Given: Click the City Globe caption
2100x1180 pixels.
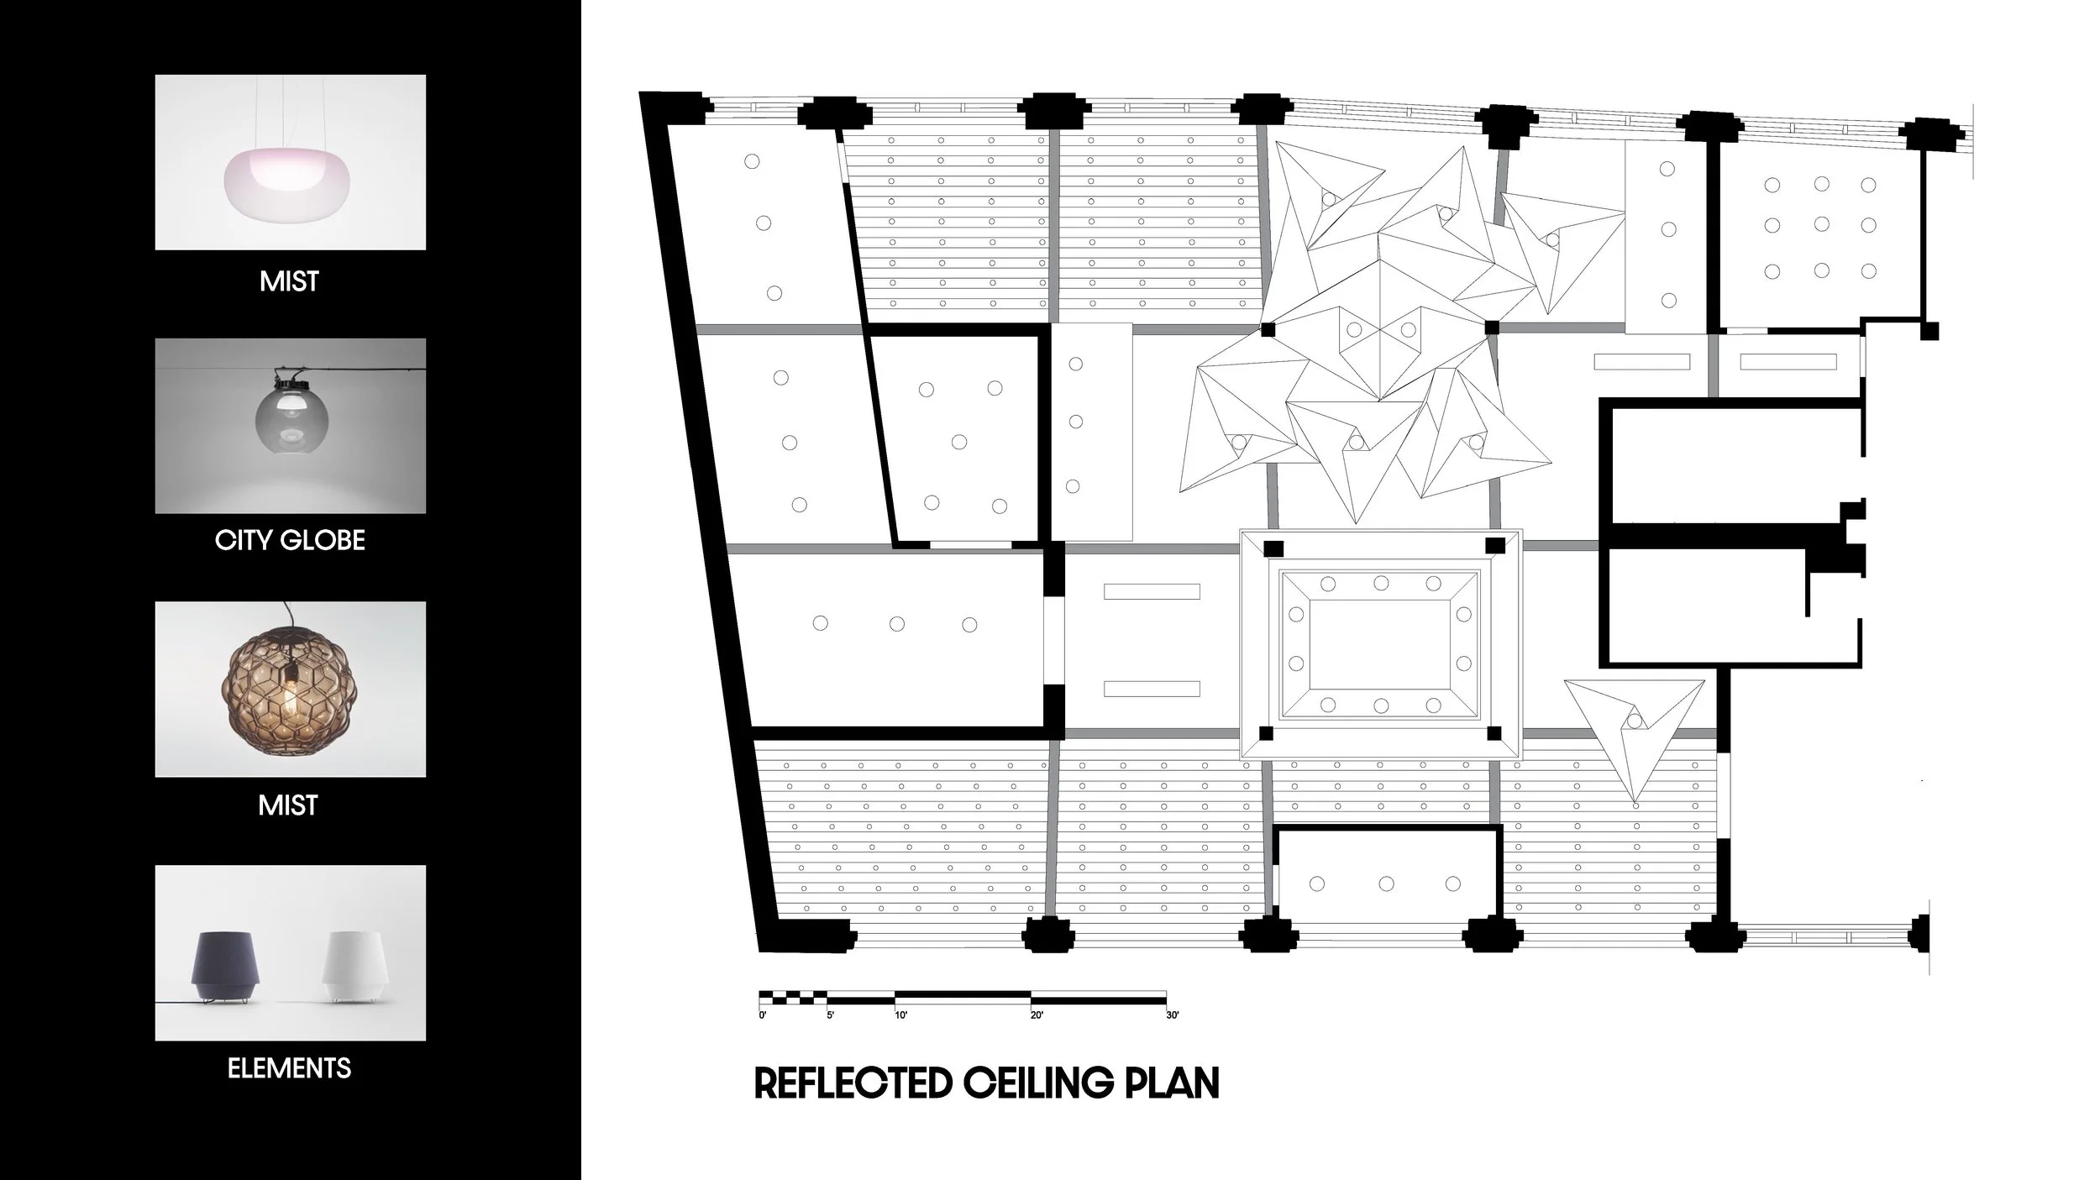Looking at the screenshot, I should (x=290, y=540).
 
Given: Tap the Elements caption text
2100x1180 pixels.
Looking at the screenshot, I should (x=290, y=1068).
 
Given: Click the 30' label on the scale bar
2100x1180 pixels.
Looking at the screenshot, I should (x=1173, y=1015).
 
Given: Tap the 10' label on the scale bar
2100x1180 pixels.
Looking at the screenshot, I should (x=900, y=1015).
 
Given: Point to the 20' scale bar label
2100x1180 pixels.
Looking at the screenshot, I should (x=1037, y=1015).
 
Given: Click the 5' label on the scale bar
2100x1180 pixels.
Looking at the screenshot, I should (x=831, y=1015).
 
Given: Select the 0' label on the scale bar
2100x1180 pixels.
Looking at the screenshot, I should (x=763, y=1015).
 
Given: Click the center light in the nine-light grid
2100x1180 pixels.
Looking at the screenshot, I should (x=1822, y=224).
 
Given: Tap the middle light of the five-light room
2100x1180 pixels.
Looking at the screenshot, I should (x=959, y=442).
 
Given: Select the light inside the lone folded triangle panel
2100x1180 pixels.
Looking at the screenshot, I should (x=1634, y=721).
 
